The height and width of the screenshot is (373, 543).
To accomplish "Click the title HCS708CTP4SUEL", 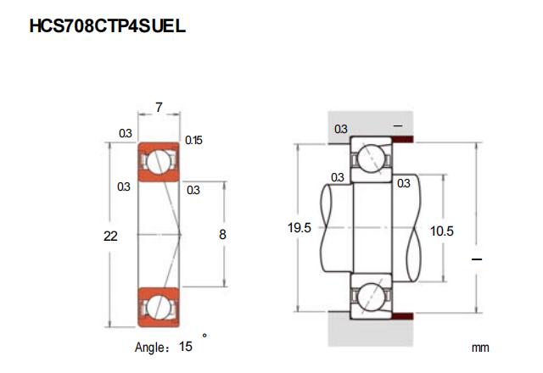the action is pos(108,26).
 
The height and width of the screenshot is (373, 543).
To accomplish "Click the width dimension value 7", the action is pos(159,108).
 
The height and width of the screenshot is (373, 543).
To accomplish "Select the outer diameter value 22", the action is pos(110,237).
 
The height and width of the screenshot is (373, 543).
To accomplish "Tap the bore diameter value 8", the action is pos(222,235).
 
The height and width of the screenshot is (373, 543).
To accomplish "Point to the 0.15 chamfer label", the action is pos(193,140).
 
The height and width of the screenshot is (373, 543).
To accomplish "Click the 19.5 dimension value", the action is pos(299,228).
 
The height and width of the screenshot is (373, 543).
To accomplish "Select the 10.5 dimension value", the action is pos(441,231).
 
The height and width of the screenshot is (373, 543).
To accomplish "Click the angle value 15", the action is pos(185,347).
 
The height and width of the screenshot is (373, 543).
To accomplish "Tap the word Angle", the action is pos(149,347).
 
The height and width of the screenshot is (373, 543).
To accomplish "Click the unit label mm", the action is pos(480,348).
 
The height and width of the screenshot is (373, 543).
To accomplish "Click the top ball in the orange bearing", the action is pos(159,162).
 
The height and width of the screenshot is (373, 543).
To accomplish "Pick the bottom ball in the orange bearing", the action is pos(159,307).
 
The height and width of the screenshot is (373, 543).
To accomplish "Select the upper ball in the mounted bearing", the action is pos(372,158).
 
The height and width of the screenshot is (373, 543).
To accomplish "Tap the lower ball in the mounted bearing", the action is pos(372,297).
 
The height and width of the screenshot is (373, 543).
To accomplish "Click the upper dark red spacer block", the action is pos(402,139).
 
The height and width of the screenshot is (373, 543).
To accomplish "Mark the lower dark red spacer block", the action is pos(402,316).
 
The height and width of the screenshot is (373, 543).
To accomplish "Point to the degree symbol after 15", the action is pos(204,336).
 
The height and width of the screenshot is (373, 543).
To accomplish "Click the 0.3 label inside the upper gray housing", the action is pos(341,129).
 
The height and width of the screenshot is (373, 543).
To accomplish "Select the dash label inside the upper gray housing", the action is pos(398,126).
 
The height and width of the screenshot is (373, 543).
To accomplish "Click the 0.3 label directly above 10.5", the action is pos(404,183).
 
